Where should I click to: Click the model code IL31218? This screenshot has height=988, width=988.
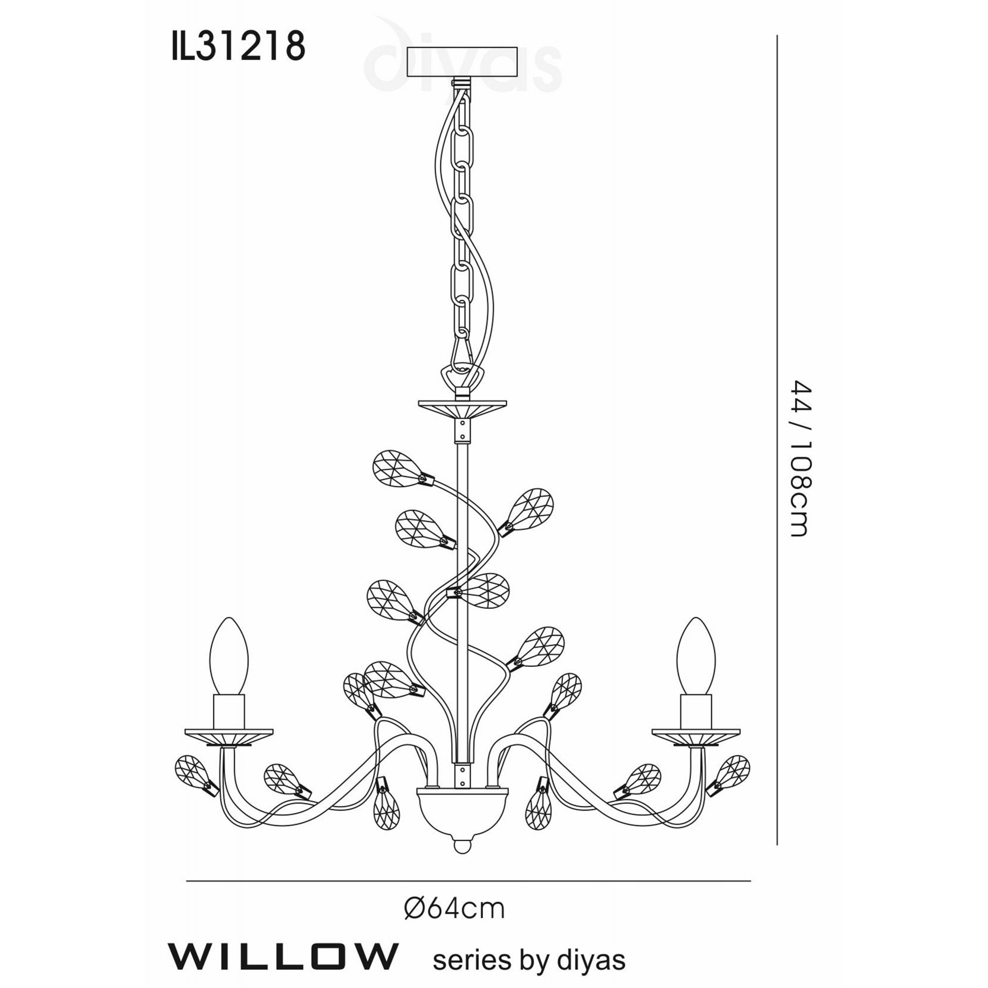[238, 46]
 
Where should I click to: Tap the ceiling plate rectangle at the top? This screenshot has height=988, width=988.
[461, 62]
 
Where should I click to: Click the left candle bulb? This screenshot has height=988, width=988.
[229, 657]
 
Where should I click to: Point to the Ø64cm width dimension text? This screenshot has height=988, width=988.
[454, 909]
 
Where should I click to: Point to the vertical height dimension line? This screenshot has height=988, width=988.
[777, 440]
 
